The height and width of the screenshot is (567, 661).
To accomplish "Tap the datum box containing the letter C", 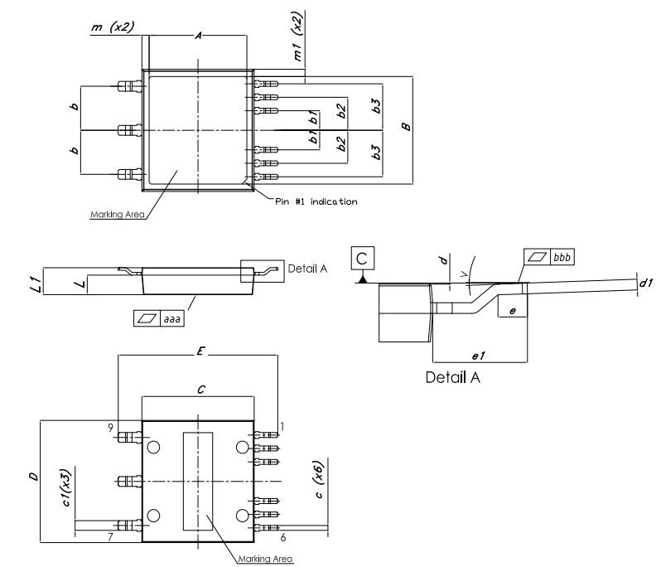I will (362, 259).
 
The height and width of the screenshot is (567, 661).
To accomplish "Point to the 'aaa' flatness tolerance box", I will (159, 317).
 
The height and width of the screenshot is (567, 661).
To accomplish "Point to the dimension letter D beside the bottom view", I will (32, 479).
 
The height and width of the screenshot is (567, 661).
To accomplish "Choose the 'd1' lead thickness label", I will (646, 283).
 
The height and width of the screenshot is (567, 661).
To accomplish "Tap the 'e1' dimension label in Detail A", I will (478, 355).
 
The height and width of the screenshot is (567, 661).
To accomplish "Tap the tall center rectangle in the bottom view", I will (197, 482).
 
